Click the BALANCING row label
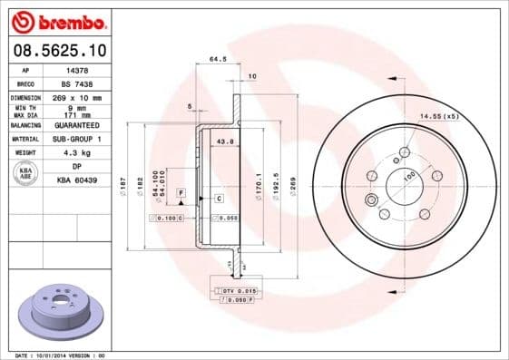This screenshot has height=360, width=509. point(25,125)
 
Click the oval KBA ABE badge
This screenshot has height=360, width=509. point(26,174)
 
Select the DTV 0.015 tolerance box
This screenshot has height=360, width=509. point(234,289)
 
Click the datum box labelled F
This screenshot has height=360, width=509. point(181,194)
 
